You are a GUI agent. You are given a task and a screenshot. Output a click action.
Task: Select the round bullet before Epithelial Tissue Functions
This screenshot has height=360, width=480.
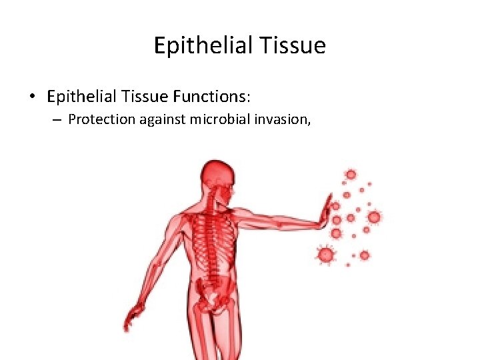coord(32,97)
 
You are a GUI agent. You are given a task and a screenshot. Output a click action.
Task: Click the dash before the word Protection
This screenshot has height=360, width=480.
coord(57,120)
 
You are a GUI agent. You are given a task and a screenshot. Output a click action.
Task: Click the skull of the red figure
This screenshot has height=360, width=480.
coord(218,175)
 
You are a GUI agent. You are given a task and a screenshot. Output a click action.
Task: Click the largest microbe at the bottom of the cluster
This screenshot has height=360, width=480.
coord(325,254)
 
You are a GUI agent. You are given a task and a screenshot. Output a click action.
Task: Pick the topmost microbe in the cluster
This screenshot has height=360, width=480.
coord(350,175)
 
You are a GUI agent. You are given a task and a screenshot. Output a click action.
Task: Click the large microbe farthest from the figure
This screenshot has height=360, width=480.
coord(374,217)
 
